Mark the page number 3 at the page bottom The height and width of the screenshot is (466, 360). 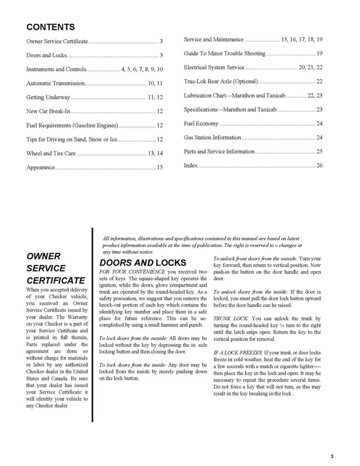pos(331,456)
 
